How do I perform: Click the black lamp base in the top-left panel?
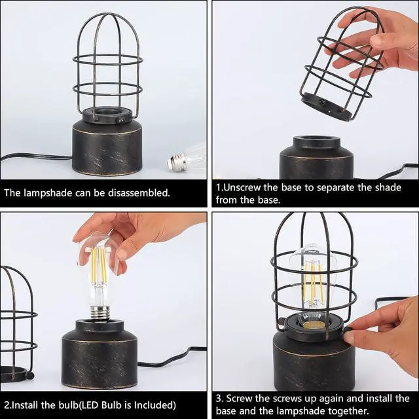[108, 148]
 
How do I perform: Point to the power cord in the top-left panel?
[33, 157]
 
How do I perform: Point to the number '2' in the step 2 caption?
[6, 405]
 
